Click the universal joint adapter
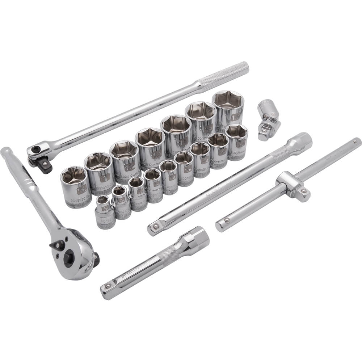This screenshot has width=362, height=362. [x=269, y=119]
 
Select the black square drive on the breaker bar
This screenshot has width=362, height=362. [x=44, y=165]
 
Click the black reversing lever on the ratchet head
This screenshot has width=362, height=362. [x=57, y=245]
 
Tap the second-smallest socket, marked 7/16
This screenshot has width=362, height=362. [x=121, y=202]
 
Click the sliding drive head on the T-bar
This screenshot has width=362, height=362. [x=293, y=186]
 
